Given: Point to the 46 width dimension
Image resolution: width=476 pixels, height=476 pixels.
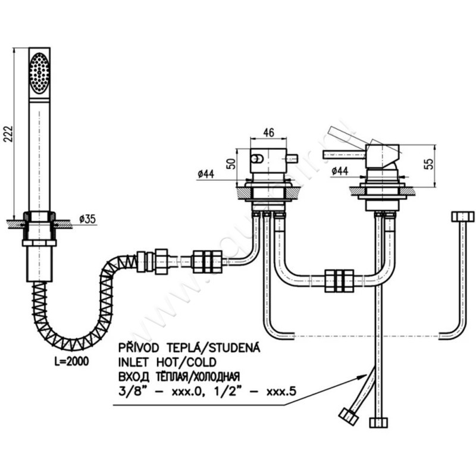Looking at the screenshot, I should pos(268,134).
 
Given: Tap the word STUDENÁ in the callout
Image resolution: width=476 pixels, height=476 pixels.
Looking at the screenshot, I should pos(231,346).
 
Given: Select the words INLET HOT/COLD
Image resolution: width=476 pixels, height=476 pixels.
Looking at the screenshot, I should pos(168,362).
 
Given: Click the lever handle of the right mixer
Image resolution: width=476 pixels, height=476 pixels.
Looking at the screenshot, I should pos(343,154).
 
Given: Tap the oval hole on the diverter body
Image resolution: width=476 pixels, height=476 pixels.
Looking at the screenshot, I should pos(257,158).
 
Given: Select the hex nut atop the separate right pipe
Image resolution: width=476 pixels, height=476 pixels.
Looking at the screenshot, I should pos(462,216).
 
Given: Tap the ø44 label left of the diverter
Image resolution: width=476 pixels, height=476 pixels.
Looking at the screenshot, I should pos(205,174).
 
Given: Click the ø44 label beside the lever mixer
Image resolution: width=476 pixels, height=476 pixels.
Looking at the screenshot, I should pos(340,171).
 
